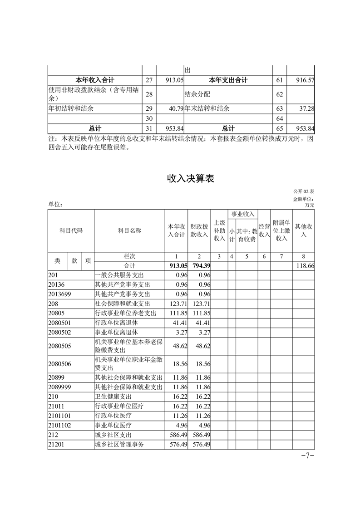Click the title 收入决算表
coord(190,179)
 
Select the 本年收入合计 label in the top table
coord(94,80)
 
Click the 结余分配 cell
coord(197,94)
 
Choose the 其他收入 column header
coord(304,230)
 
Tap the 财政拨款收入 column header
coord(199,230)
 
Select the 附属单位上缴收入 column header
coord(282,230)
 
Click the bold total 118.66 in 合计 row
coord(305,265)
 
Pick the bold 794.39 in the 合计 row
coord(200,265)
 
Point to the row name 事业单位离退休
coord(116,332)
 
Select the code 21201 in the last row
coord(56,445)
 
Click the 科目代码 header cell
coord(71,230)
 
